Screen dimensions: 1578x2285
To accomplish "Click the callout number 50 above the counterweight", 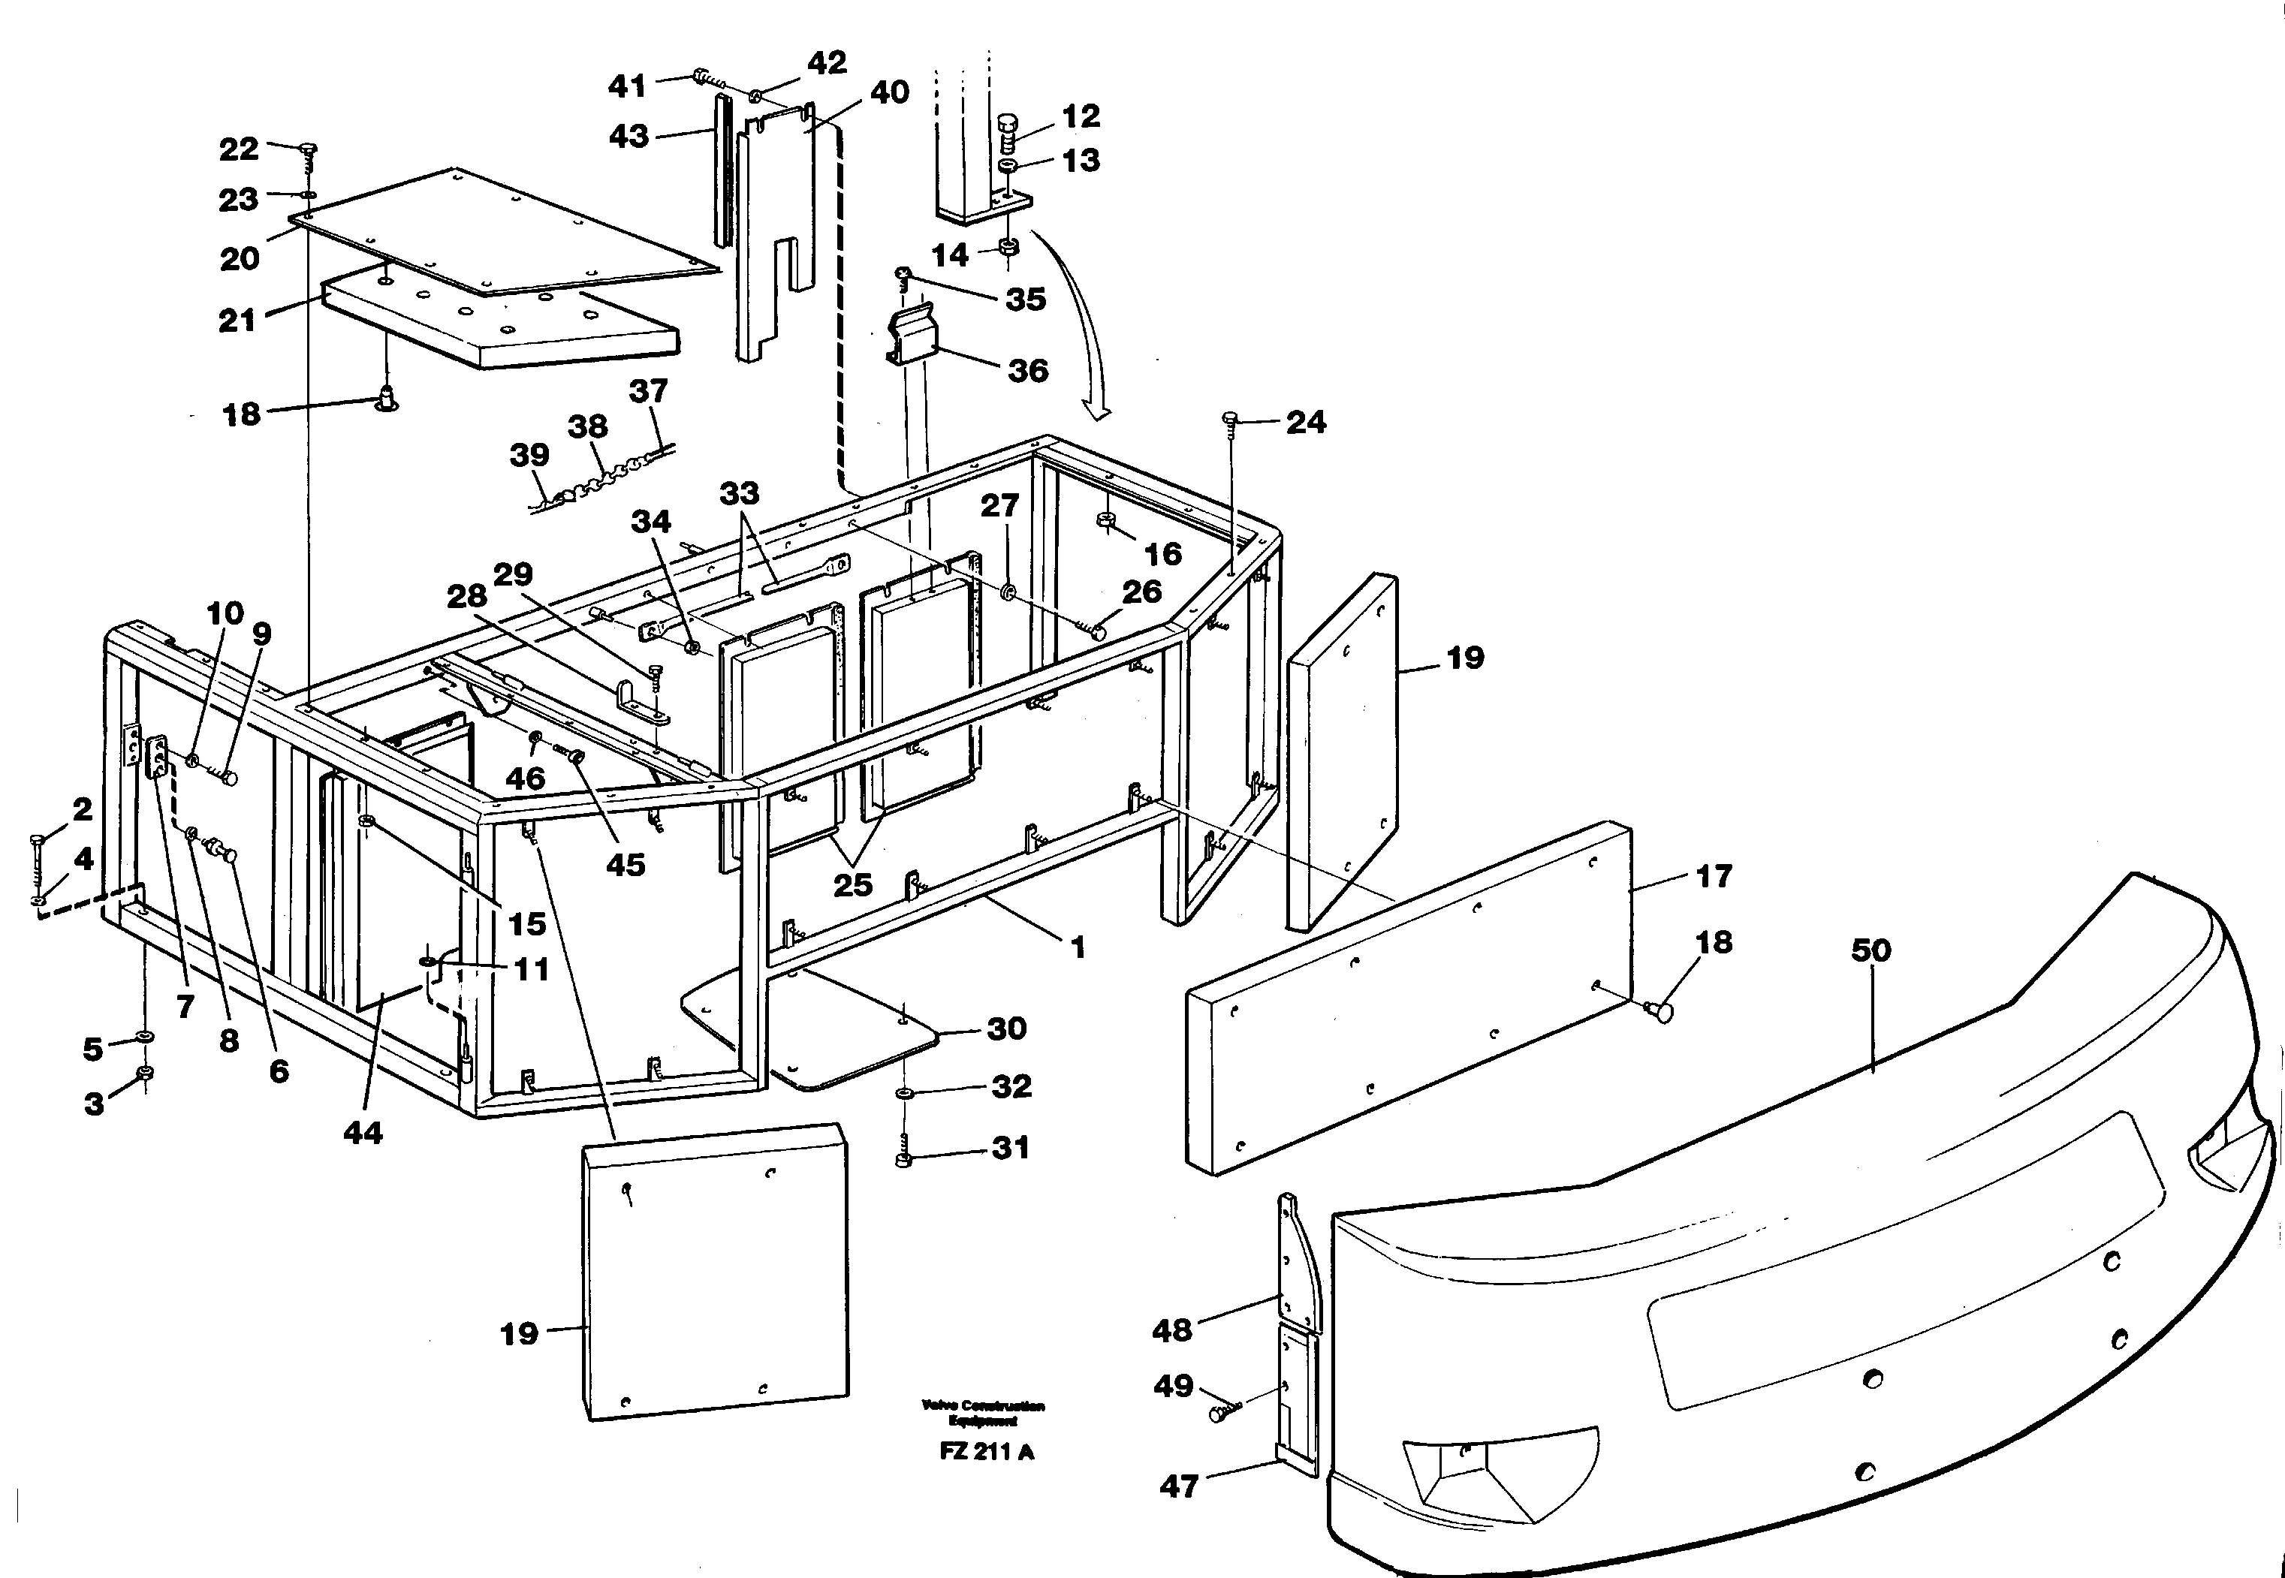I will pyautogui.click(x=1870, y=951).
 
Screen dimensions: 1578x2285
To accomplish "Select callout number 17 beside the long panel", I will pyautogui.click(x=1714, y=876).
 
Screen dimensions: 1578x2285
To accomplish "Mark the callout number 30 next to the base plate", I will pyautogui.click(x=1006, y=1028).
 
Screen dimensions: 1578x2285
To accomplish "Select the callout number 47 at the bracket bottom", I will pyautogui.click(x=1179, y=1486).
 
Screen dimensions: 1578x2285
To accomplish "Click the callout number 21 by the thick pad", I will pyautogui.click(x=237, y=321).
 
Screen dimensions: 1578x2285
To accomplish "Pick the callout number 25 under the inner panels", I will pyautogui.click(x=852, y=884).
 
